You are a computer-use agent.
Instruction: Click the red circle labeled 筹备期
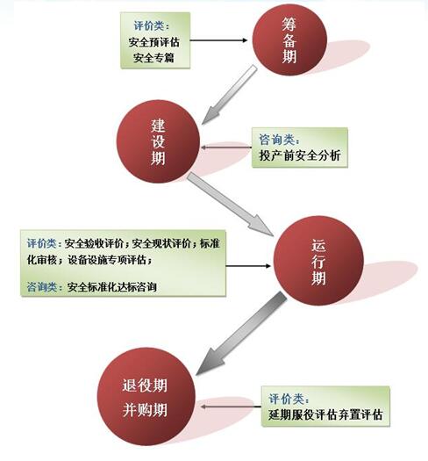click(289, 40)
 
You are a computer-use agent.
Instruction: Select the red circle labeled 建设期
click(159, 141)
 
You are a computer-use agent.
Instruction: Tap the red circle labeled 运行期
click(318, 261)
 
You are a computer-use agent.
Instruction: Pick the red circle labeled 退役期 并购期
click(146, 397)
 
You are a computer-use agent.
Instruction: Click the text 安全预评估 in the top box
click(154, 42)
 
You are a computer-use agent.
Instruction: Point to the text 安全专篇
click(154, 58)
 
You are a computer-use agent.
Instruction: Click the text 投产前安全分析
click(300, 155)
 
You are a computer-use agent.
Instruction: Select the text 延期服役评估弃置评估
click(325, 414)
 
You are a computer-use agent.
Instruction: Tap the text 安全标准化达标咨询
click(111, 286)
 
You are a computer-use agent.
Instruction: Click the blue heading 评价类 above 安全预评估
click(149, 25)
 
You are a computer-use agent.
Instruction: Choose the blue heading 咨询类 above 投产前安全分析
click(277, 140)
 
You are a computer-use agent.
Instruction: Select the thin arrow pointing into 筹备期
click(219, 40)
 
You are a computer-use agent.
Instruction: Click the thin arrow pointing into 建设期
click(226, 148)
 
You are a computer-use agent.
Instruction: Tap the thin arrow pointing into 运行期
click(248, 266)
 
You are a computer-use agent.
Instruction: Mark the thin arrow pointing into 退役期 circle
click(231, 407)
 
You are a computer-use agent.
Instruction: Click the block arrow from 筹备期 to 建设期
click(230, 95)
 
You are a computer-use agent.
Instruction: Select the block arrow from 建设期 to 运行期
click(231, 205)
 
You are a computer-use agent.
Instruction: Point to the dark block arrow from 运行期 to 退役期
click(241, 334)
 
